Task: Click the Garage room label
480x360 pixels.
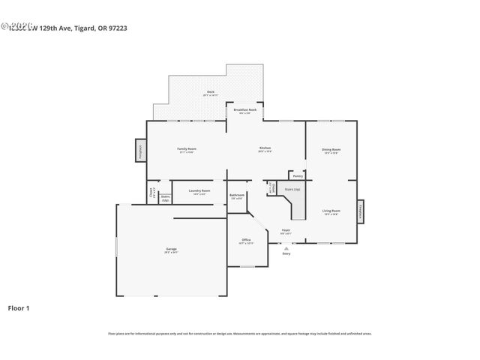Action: point(171,249)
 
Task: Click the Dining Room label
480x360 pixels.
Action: point(331,150)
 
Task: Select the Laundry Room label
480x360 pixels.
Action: point(199,191)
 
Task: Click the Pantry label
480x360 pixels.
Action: point(298,176)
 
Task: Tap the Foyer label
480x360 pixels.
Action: point(286,230)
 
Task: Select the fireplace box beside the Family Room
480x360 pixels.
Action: point(140,150)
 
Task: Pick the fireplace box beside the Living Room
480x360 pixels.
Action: point(361,211)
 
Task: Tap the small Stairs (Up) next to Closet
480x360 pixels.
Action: point(164,198)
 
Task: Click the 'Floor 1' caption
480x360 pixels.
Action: point(19,307)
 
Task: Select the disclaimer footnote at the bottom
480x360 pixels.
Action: point(240,334)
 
